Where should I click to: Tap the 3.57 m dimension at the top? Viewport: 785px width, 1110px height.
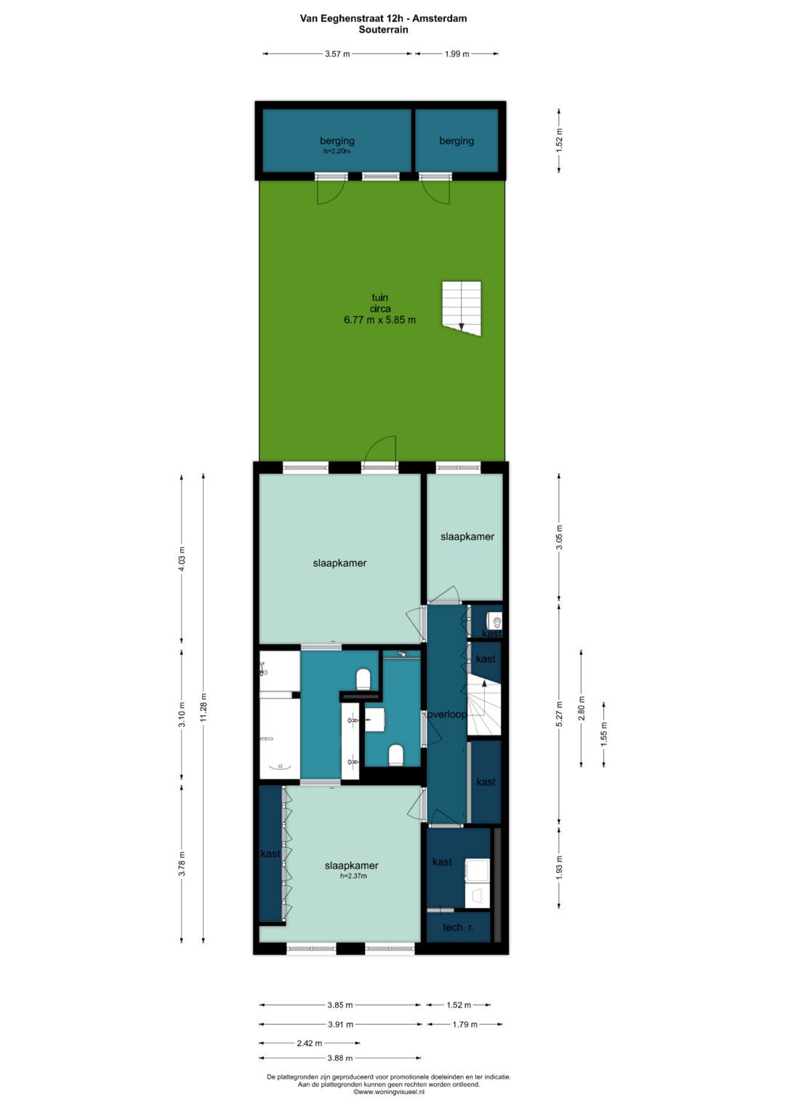(337, 54)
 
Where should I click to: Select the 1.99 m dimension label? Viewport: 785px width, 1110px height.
(456, 54)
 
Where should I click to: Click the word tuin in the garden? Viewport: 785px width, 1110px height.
(380, 297)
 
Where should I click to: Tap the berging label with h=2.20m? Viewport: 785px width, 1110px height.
(337, 141)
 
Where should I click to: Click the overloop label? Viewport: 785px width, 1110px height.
(447, 715)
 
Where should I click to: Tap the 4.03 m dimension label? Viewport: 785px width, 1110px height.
(182, 558)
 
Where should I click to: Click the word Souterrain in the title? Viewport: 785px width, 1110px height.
(384, 30)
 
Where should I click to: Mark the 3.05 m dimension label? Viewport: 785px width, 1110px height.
(560, 536)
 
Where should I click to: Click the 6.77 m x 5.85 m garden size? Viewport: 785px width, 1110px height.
(379, 320)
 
